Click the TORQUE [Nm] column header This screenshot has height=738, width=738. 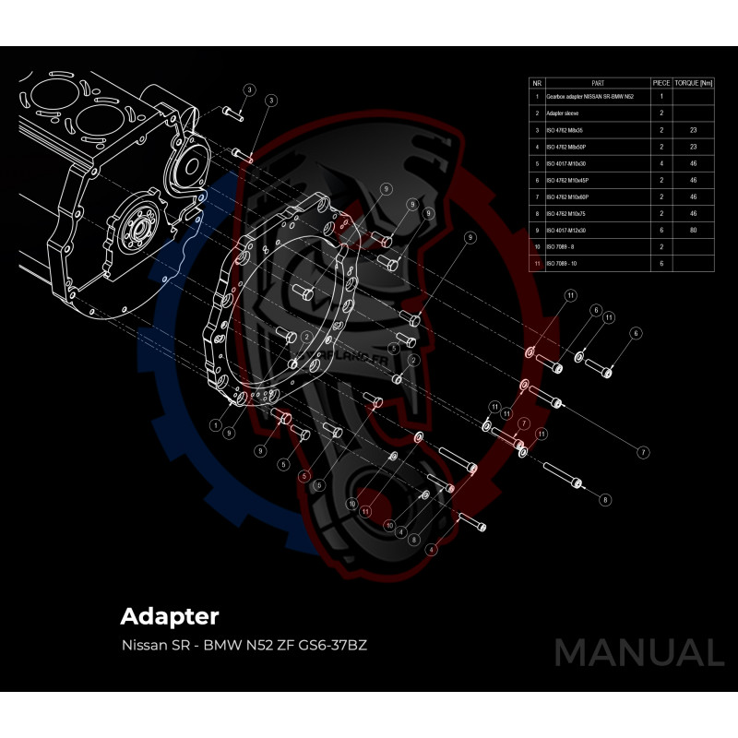[695, 82]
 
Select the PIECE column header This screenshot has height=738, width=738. [661, 82]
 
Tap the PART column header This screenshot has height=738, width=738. [597, 82]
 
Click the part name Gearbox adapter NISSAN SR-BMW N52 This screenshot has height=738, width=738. [589, 96]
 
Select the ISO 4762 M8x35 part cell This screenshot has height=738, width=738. [565, 130]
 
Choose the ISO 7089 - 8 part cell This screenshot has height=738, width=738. [562, 247]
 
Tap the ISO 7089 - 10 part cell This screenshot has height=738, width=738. [563, 264]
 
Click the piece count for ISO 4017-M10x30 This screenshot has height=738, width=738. [661, 163]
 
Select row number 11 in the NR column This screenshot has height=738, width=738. [537, 264]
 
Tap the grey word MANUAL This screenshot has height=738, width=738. [638, 653]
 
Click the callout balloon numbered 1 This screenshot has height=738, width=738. [215, 426]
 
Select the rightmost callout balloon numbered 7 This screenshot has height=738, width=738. [643, 452]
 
